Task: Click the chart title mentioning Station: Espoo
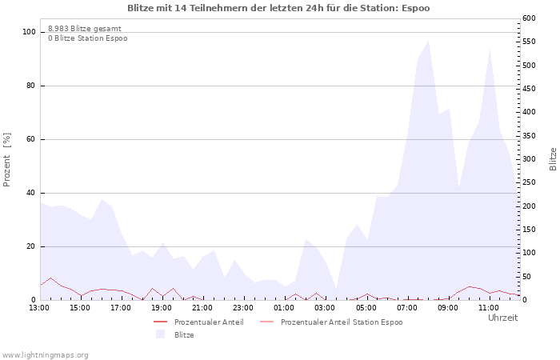tap(278, 8)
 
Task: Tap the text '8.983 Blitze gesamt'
tap(85, 29)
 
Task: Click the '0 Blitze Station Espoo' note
tap(88, 38)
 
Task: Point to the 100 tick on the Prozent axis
tap(29, 32)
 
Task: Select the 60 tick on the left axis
tap(30, 139)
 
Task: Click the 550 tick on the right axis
tap(529, 42)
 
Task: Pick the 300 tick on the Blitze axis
tap(529, 159)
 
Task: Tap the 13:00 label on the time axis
tap(39, 308)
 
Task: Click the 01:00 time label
tap(284, 308)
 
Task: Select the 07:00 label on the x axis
tap(406, 308)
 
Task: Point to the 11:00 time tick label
tap(489, 308)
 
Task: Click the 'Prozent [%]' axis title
tap(6, 160)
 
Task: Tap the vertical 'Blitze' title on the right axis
tap(553, 159)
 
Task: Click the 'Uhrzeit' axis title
tap(503, 318)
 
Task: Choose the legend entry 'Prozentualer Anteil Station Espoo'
tap(342, 322)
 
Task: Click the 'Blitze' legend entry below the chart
tap(184, 335)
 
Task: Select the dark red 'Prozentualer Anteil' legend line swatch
tap(160, 322)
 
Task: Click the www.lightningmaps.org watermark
tap(45, 355)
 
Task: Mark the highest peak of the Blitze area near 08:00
tap(428, 40)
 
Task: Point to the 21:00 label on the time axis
tap(202, 308)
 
